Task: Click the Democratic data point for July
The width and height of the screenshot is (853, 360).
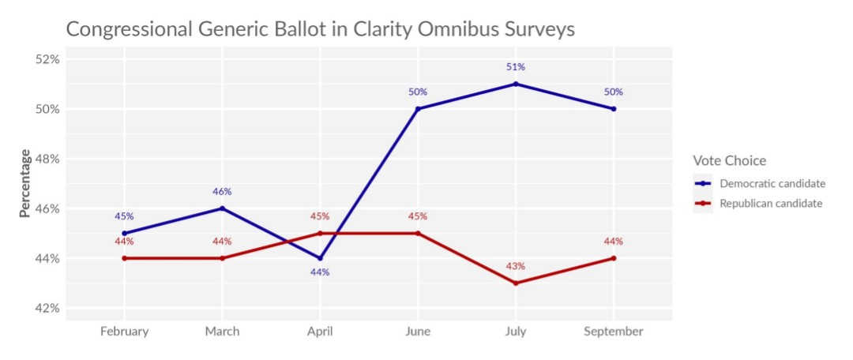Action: tap(516, 84)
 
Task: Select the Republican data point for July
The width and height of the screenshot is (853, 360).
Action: tap(516, 283)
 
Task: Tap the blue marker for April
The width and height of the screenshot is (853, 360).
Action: tap(320, 258)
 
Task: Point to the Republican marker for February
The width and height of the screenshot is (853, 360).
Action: tap(124, 258)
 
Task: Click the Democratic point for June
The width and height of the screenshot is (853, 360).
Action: tap(418, 109)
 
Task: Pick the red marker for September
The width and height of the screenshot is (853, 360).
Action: tap(614, 258)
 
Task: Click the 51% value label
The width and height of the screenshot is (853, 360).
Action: tap(516, 67)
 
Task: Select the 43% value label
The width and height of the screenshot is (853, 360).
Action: tap(516, 266)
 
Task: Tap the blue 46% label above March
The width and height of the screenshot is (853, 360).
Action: tap(222, 192)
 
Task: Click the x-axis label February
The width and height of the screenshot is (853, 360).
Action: tap(124, 332)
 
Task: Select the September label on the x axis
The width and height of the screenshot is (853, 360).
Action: tap(614, 332)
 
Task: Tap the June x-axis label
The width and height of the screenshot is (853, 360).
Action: tap(418, 332)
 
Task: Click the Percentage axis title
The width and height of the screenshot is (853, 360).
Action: tap(25, 183)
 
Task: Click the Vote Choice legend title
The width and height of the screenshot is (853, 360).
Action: tap(729, 161)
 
